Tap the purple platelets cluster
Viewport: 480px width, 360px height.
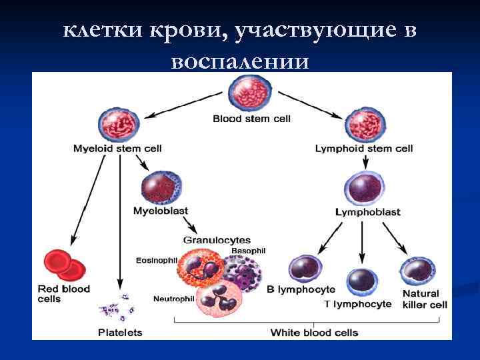click(117, 307)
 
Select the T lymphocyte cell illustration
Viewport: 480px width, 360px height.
click(362, 283)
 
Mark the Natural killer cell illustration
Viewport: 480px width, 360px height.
click(417, 272)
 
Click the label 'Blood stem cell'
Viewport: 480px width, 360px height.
click(251, 119)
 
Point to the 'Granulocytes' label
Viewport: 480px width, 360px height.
click(217, 239)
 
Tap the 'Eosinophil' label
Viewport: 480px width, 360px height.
click(157, 260)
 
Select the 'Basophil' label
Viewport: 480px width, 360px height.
click(248, 251)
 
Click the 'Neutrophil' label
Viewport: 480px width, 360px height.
click(173, 298)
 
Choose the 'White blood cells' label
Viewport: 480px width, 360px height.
click(314, 332)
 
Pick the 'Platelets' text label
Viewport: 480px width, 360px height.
click(120, 332)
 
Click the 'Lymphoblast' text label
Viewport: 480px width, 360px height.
click(367, 212)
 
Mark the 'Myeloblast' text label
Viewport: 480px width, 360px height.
click(160, 211)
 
